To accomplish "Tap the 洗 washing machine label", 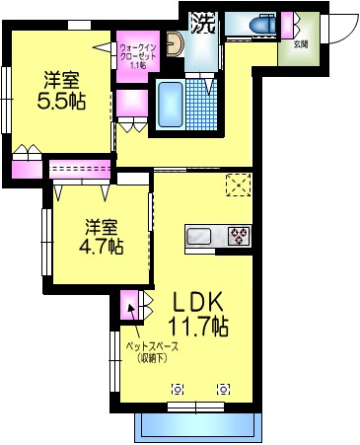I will point(202,22).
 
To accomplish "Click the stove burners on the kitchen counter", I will point(239,237).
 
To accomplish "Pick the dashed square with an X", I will point(238,185).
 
